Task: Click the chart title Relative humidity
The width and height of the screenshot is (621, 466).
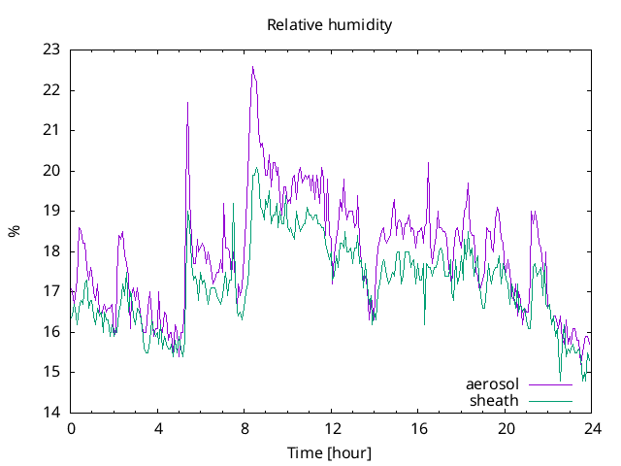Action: coord(329,25)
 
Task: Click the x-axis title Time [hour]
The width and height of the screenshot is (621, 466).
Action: coord(329,453)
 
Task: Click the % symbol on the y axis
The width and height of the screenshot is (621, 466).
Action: coord(14,231)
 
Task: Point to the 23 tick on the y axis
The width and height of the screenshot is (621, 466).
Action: coord(51,50)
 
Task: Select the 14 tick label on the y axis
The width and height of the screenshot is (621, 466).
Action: coord(51,413)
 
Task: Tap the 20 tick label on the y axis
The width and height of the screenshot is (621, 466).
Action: coord(51,171)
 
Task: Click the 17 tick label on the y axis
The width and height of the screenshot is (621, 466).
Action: coord(51,291)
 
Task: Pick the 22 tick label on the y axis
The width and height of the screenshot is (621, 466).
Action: coord(51,90)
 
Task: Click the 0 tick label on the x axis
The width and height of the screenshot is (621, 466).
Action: coord(71,428)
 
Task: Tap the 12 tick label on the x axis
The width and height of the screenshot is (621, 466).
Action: coord(333,428)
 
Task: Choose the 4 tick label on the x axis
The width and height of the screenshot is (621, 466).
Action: coord(158,428)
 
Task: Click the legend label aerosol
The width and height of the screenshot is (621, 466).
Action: coord(493,384)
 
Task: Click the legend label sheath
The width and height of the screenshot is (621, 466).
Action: coord(495,400)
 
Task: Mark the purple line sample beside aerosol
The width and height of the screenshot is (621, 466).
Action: coord(549,384)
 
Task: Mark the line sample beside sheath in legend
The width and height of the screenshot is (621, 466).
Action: coord(549,400)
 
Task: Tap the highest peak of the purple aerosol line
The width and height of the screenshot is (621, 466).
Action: coord(252,67)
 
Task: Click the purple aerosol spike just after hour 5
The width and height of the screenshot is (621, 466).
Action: coord(187,102)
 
